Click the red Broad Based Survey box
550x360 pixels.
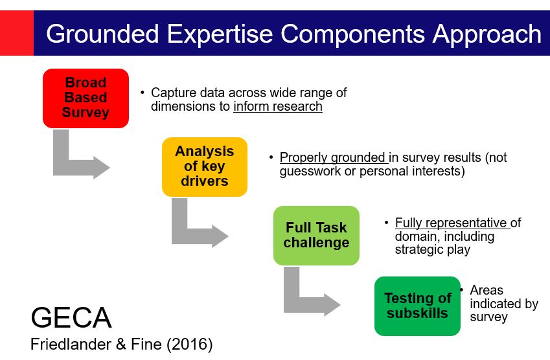pyautogui.click(x=86, y=98)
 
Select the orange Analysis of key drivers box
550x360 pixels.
pyautogui.click(x=204, y=166)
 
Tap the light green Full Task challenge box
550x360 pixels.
pyautogui.click(x=316, y=235)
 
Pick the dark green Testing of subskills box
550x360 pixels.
pyautogui.click(x=417, y=306)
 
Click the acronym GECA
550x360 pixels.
pyautogui.click(x=71, y=318)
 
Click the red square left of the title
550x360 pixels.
pyautogui.click(x=16, y=32)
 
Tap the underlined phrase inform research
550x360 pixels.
pyautogui.click(x=278, y=107)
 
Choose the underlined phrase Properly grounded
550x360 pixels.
pyautogui.click(x=333, y=158)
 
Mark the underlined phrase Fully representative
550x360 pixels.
pyautogui.click(x=451, y=223)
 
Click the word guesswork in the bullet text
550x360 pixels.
pyautogui.click(x=310, y=172)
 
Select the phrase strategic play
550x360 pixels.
pyautogui.click(x=433, y=250)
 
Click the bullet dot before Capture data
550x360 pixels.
pyautogui.click(x=143, y=93)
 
